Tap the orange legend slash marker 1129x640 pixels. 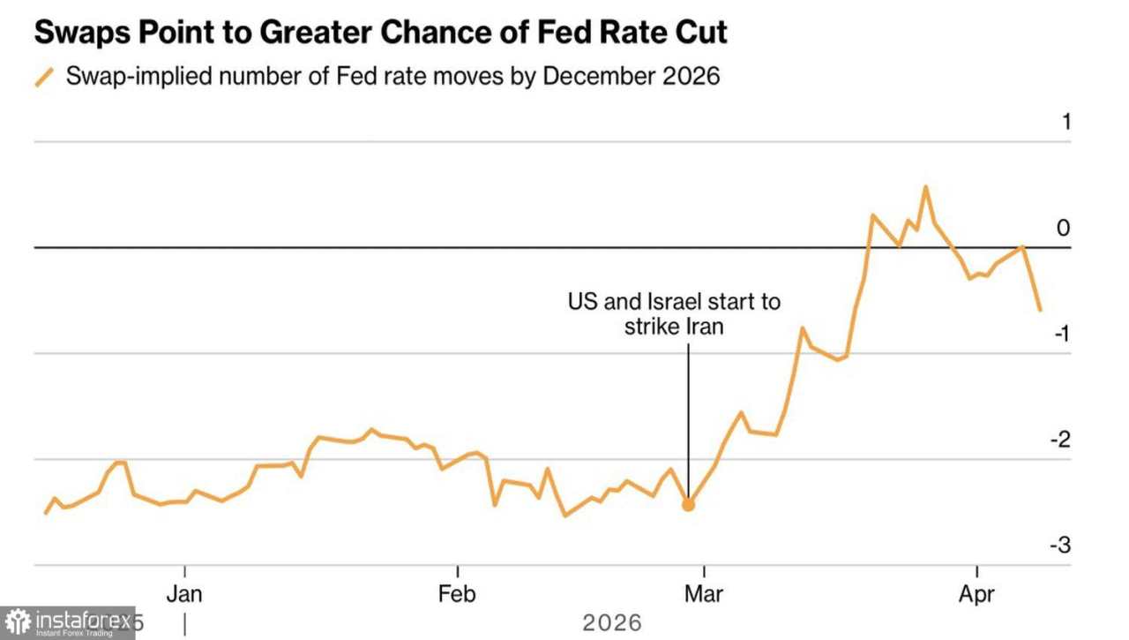point(44,77)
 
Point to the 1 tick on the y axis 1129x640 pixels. point(1065,122)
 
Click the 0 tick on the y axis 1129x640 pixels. point(1064,228)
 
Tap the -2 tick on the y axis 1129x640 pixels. point(1059,440)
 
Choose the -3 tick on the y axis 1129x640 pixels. point(1059,546)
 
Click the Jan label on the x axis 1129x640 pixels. point(184,593)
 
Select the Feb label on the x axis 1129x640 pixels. point(457,593)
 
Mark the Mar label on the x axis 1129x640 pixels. point(703,593)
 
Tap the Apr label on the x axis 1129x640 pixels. point(976,593)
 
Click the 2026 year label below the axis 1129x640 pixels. point(611,623)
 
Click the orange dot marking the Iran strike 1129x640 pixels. point(688,505)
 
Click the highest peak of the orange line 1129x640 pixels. point(925,187)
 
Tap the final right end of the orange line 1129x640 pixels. point(1041,310)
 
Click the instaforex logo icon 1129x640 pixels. point(17,622)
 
